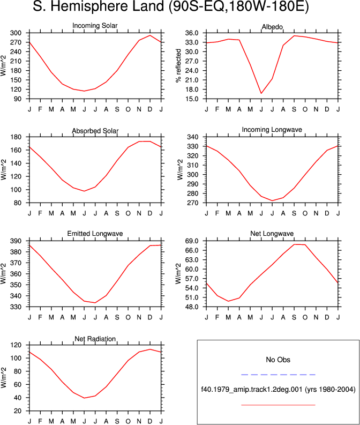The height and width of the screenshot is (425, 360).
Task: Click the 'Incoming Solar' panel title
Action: [x=95, y=26]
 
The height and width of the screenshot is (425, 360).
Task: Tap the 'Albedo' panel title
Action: [x=272, y=27]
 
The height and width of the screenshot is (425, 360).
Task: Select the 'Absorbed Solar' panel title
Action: [x=95, y=131]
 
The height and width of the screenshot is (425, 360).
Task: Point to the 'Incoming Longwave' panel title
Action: [x=272, y=130]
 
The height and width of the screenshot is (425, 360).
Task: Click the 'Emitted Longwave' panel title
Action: [x=95, y=234]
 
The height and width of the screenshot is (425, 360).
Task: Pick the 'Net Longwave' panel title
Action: [x=272, y=234]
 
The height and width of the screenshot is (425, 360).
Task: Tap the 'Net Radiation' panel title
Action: [x=95, y=339]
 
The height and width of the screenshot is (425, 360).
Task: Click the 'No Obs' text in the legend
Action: [x=278, y=360]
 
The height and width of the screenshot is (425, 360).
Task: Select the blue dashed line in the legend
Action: [x=278, y=375]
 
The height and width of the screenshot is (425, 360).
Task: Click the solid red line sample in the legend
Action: [x=278, y=405]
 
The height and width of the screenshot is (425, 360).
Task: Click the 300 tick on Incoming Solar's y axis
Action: [x=16, y=33]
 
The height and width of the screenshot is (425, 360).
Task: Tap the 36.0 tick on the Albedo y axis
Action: [x=192, y=33]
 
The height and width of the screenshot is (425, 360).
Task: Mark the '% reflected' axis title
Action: [x=178, y=65]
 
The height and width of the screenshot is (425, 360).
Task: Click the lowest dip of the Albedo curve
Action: [x=261, y=93]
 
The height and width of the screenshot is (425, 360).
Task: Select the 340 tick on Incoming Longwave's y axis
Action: [x=193, y=137]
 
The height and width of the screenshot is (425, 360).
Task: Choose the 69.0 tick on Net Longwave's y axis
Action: [x=192, y=241]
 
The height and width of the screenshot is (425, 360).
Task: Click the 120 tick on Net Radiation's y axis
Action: [x=16, y=345]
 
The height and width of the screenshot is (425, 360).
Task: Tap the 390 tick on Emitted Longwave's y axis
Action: [x=16, y=241]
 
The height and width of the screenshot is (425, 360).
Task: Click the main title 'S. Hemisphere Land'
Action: [x=99, y=6]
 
